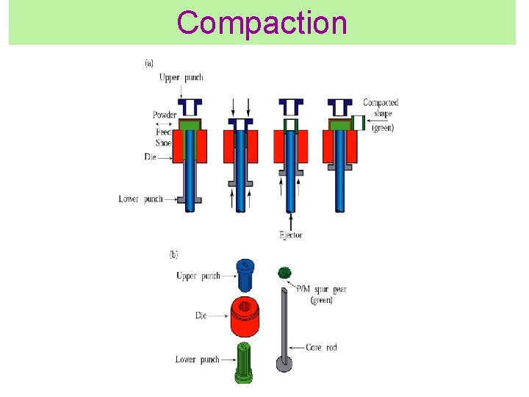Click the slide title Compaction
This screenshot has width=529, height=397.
(262, 23)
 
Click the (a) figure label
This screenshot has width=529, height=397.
(149, 63)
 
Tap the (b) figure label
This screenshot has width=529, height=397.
(173, 255)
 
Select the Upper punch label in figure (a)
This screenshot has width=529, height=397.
(180, 77)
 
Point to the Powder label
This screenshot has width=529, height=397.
(164, 115)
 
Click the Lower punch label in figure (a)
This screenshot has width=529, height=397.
(141, 198)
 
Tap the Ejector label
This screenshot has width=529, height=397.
(290, 235)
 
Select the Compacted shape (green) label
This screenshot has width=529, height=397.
(381, 115)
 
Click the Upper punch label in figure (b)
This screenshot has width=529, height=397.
(198, 276)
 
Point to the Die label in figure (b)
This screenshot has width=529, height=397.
(201, 315)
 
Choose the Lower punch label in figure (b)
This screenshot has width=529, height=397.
(197, 360)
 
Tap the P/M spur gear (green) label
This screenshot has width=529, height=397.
(321, 295)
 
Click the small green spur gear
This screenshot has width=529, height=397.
(284, 273)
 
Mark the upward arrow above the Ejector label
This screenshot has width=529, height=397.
(292, 220)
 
